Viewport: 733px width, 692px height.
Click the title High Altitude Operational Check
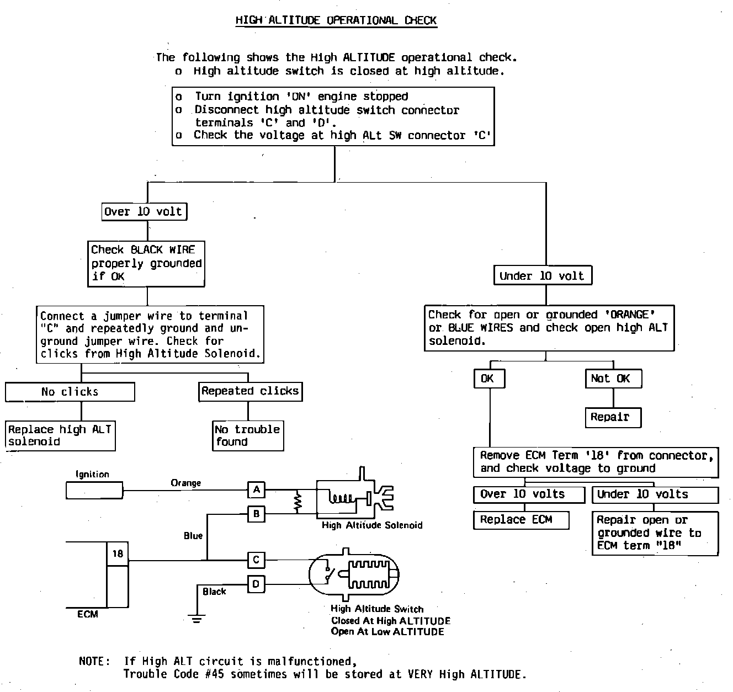coord(336,21)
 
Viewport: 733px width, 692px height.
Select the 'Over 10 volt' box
coord(144,211)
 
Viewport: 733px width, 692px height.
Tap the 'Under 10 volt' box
coord(542,275)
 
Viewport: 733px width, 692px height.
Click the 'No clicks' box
coord(70,392)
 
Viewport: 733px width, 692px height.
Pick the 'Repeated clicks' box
coord(250,391)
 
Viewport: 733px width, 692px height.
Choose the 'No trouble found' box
coord(248,436)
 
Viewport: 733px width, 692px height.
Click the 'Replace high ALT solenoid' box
coord(60,436)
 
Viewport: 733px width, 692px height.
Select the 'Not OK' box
coord(613,379)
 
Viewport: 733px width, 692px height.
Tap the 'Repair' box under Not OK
coord(613,417)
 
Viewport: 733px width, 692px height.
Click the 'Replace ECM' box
coord(520,520)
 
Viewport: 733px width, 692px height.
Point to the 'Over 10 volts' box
coord(528,494)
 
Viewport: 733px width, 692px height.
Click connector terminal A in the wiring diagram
coord(256,489)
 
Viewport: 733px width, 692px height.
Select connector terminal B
coord(256,514)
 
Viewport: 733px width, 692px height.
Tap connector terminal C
coord(256,560)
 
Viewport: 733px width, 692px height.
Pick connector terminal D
coord(256,584)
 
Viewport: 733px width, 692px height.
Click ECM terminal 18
coord(118,553)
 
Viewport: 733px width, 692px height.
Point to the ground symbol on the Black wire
coord(197,616)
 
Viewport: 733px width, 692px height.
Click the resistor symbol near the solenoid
coord(298,502)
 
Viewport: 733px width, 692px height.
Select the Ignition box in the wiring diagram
coord(94,490)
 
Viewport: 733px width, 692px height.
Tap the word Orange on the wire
coord(186,483)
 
